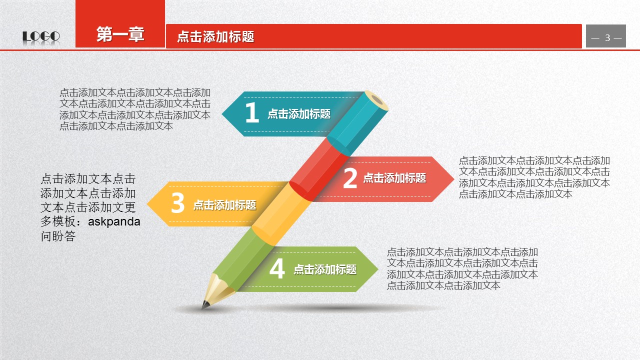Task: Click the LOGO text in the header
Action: click(x=41, y=36)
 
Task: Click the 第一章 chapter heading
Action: click(x=120, y=34)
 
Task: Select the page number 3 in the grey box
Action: click(x=607, y=37)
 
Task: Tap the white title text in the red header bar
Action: click(x=215, y=36)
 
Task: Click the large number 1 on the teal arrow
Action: click(x=252, y=112)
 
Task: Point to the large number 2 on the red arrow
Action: click(x=350, y=177)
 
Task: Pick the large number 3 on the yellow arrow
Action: click(x=177, y=202)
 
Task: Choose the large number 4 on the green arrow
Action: click(x=277, y=268)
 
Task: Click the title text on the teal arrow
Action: click(x=299, y=113)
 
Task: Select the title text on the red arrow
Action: click(x=394, y=177)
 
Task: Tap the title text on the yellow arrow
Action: click(x=225, y=205)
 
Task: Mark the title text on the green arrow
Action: click(x=325, y=269)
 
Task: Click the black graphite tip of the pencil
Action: click(x=204, y=305)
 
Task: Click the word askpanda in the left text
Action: click(x=114, y=221)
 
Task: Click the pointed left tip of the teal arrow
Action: click(x=222, y=113)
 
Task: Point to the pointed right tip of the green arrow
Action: click(x=377, y=269)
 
